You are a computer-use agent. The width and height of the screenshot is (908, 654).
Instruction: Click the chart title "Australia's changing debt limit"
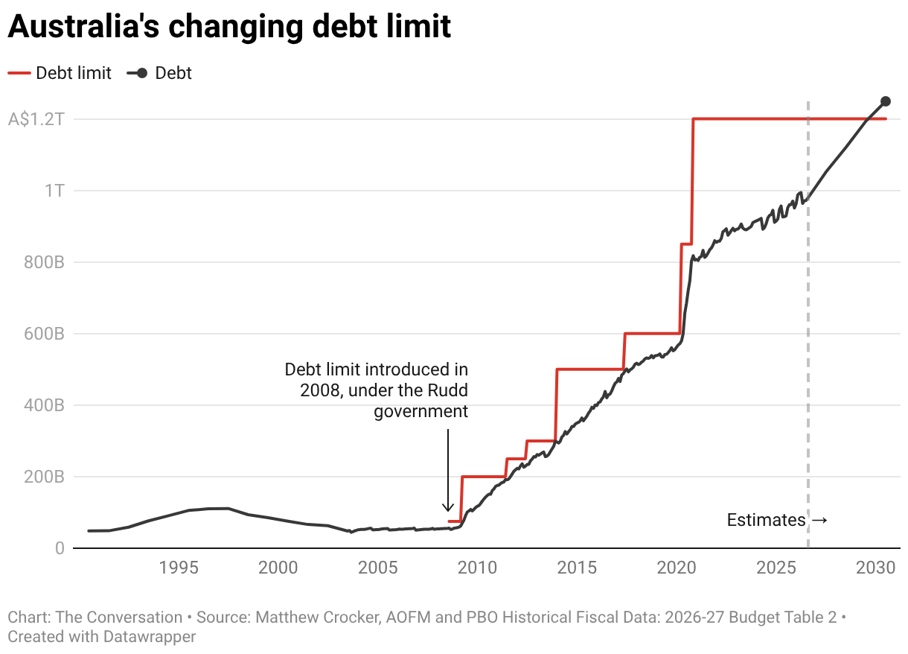229,27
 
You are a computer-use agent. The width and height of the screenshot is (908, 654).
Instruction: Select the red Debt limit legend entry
60,73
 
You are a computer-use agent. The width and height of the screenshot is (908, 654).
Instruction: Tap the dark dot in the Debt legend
142,74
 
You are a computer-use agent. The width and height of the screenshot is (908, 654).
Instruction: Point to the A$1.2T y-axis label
36,119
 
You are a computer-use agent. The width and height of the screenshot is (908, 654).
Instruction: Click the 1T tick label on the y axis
54,191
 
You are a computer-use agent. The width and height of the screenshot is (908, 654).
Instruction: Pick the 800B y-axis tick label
44,262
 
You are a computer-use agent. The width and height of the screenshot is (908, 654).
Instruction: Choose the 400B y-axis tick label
44,405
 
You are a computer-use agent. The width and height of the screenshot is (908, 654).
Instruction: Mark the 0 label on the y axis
60,548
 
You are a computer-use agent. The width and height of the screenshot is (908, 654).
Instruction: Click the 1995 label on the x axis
179,568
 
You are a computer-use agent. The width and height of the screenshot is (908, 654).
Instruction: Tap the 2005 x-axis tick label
378,568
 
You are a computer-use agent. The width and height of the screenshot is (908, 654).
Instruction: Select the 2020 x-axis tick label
677,568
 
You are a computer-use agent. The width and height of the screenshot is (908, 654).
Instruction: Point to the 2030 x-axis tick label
875,568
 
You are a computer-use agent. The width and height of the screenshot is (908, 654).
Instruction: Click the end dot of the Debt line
886,101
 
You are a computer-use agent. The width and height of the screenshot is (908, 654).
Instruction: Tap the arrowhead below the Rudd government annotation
448,507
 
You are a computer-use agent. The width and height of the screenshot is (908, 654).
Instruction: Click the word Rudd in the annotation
448,390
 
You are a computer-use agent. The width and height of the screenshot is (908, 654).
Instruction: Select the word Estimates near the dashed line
766,520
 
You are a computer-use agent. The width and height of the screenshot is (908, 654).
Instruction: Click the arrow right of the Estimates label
819,520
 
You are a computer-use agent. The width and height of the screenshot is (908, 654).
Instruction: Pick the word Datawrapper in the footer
150,637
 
